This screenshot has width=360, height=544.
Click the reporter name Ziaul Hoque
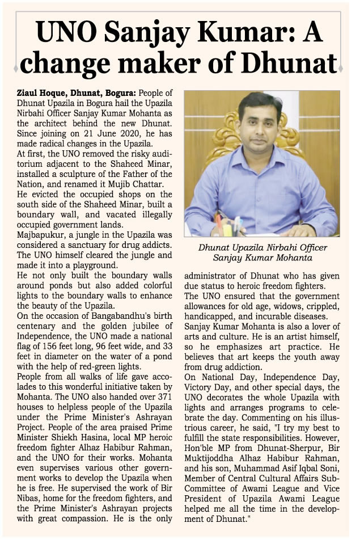tap(40, 92)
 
